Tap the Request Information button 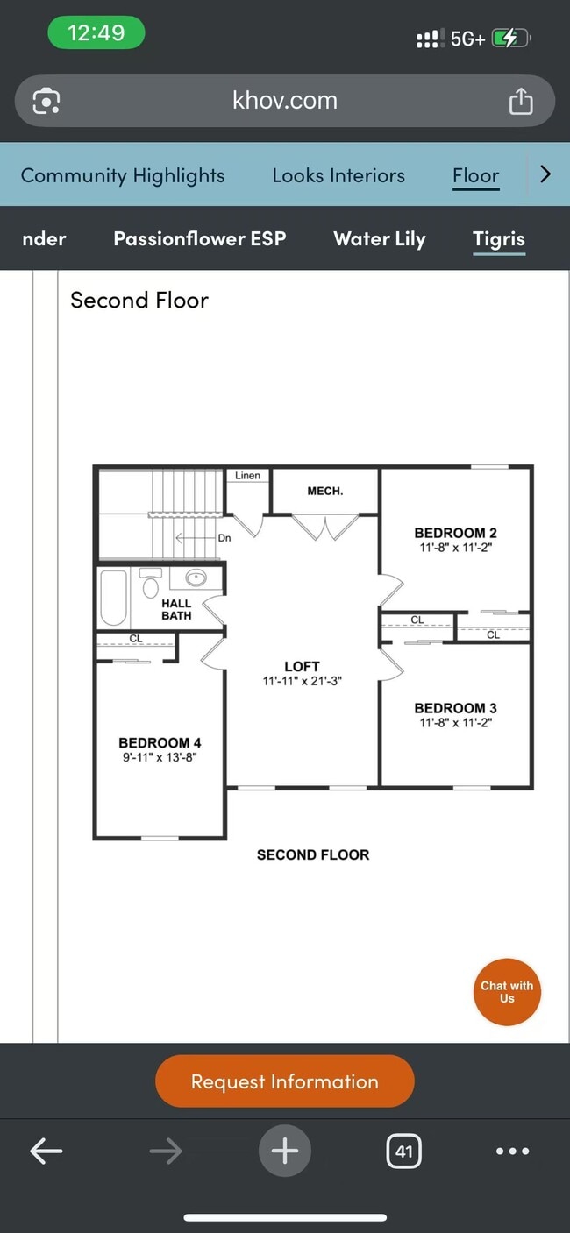284,1081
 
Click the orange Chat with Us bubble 507,992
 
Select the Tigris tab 498,239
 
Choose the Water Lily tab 379,239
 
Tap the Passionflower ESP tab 200,239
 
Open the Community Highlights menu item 123,175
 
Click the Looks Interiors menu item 338,175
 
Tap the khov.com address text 284,101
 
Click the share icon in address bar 520,101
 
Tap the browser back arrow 46,1151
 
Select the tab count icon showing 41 403,1151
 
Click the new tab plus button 284,1151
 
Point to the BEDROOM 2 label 455,533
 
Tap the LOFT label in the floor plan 302,666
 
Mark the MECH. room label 324,491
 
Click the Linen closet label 247,476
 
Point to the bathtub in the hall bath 114,598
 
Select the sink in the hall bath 196,578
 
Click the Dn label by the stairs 224,538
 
